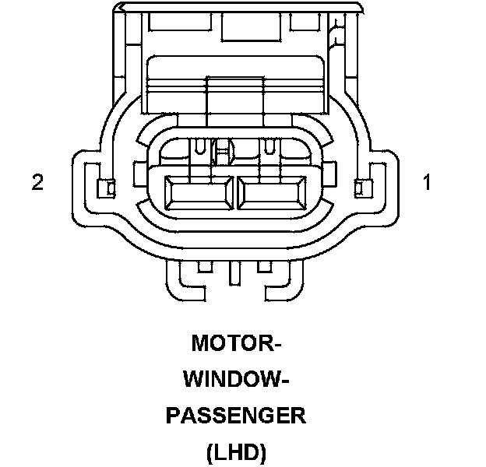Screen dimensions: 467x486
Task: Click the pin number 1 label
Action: (x=427, y=183)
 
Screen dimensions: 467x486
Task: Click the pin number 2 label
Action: (x=37, y=183)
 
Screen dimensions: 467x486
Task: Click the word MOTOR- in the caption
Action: (x=235, y=342)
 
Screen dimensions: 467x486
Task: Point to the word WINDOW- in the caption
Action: (x=235, y=379)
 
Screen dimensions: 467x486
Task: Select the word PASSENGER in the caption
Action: (x=235, y=416)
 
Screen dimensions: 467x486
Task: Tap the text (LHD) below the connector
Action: (x=235, y=451)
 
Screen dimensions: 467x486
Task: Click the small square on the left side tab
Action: (x=108, y=187)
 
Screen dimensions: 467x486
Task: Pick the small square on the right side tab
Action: (x=359, y=187)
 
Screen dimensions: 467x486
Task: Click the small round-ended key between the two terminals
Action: (x=224, y=149)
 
